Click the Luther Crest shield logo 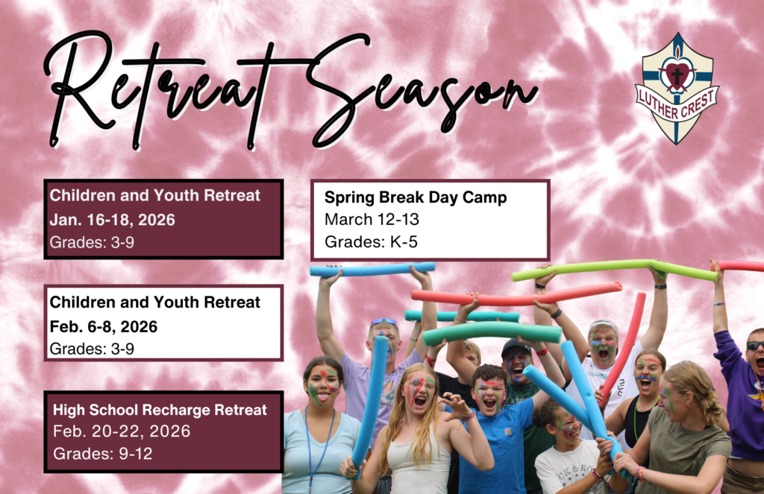pos(676,89)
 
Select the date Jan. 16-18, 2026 pos(112,220)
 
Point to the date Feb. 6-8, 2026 pos(103,326)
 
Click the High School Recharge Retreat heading pos(160,411)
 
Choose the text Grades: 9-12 pos(103,454)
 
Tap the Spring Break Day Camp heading pos(416,197)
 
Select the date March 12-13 pos(372,220)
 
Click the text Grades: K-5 pos(372,242)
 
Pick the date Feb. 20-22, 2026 pos(122,431)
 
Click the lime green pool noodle pos(614,270)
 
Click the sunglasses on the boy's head pos(383,322)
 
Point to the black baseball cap pos(516,347)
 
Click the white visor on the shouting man pos(603,325)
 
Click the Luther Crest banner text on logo pos(677,104)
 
